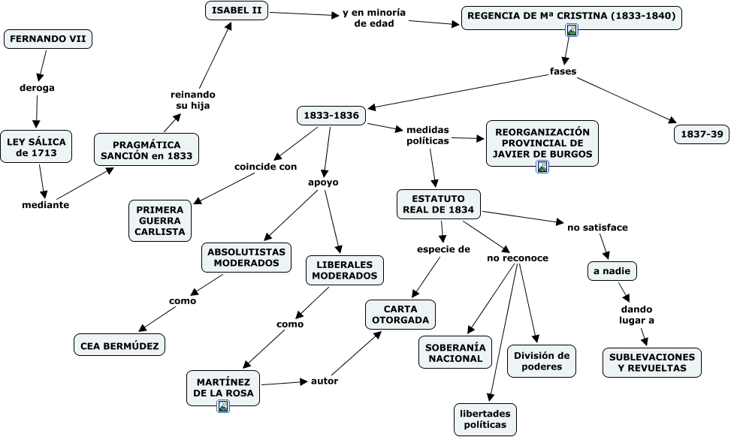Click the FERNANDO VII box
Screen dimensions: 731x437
[48, 39]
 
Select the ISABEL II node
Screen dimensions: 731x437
[237, 11]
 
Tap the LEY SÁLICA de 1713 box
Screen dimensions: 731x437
[36, 146]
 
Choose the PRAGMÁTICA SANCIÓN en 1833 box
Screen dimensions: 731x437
[147, 149]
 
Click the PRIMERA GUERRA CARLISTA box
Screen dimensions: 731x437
[160, 221]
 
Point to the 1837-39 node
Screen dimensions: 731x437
[702, 134]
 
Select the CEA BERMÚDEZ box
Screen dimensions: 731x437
[119, 345]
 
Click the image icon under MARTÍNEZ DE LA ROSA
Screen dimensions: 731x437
[223, 406]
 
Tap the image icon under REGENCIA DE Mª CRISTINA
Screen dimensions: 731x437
[572, 30]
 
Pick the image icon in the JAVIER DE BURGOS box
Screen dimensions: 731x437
[542, 167]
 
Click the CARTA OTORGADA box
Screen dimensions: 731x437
[400, 315]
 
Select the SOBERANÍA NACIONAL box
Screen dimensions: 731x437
[455, 353]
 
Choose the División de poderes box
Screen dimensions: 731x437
[542, 361]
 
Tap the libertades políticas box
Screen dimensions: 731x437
[485, 419]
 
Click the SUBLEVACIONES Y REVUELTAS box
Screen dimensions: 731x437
[652, 363]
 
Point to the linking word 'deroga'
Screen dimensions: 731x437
[37, 88]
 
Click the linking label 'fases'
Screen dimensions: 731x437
[563, 71]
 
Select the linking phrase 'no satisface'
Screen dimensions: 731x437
[597, 228]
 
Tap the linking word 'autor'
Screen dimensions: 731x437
[325, 381]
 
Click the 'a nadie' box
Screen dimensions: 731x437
[612, 271]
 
